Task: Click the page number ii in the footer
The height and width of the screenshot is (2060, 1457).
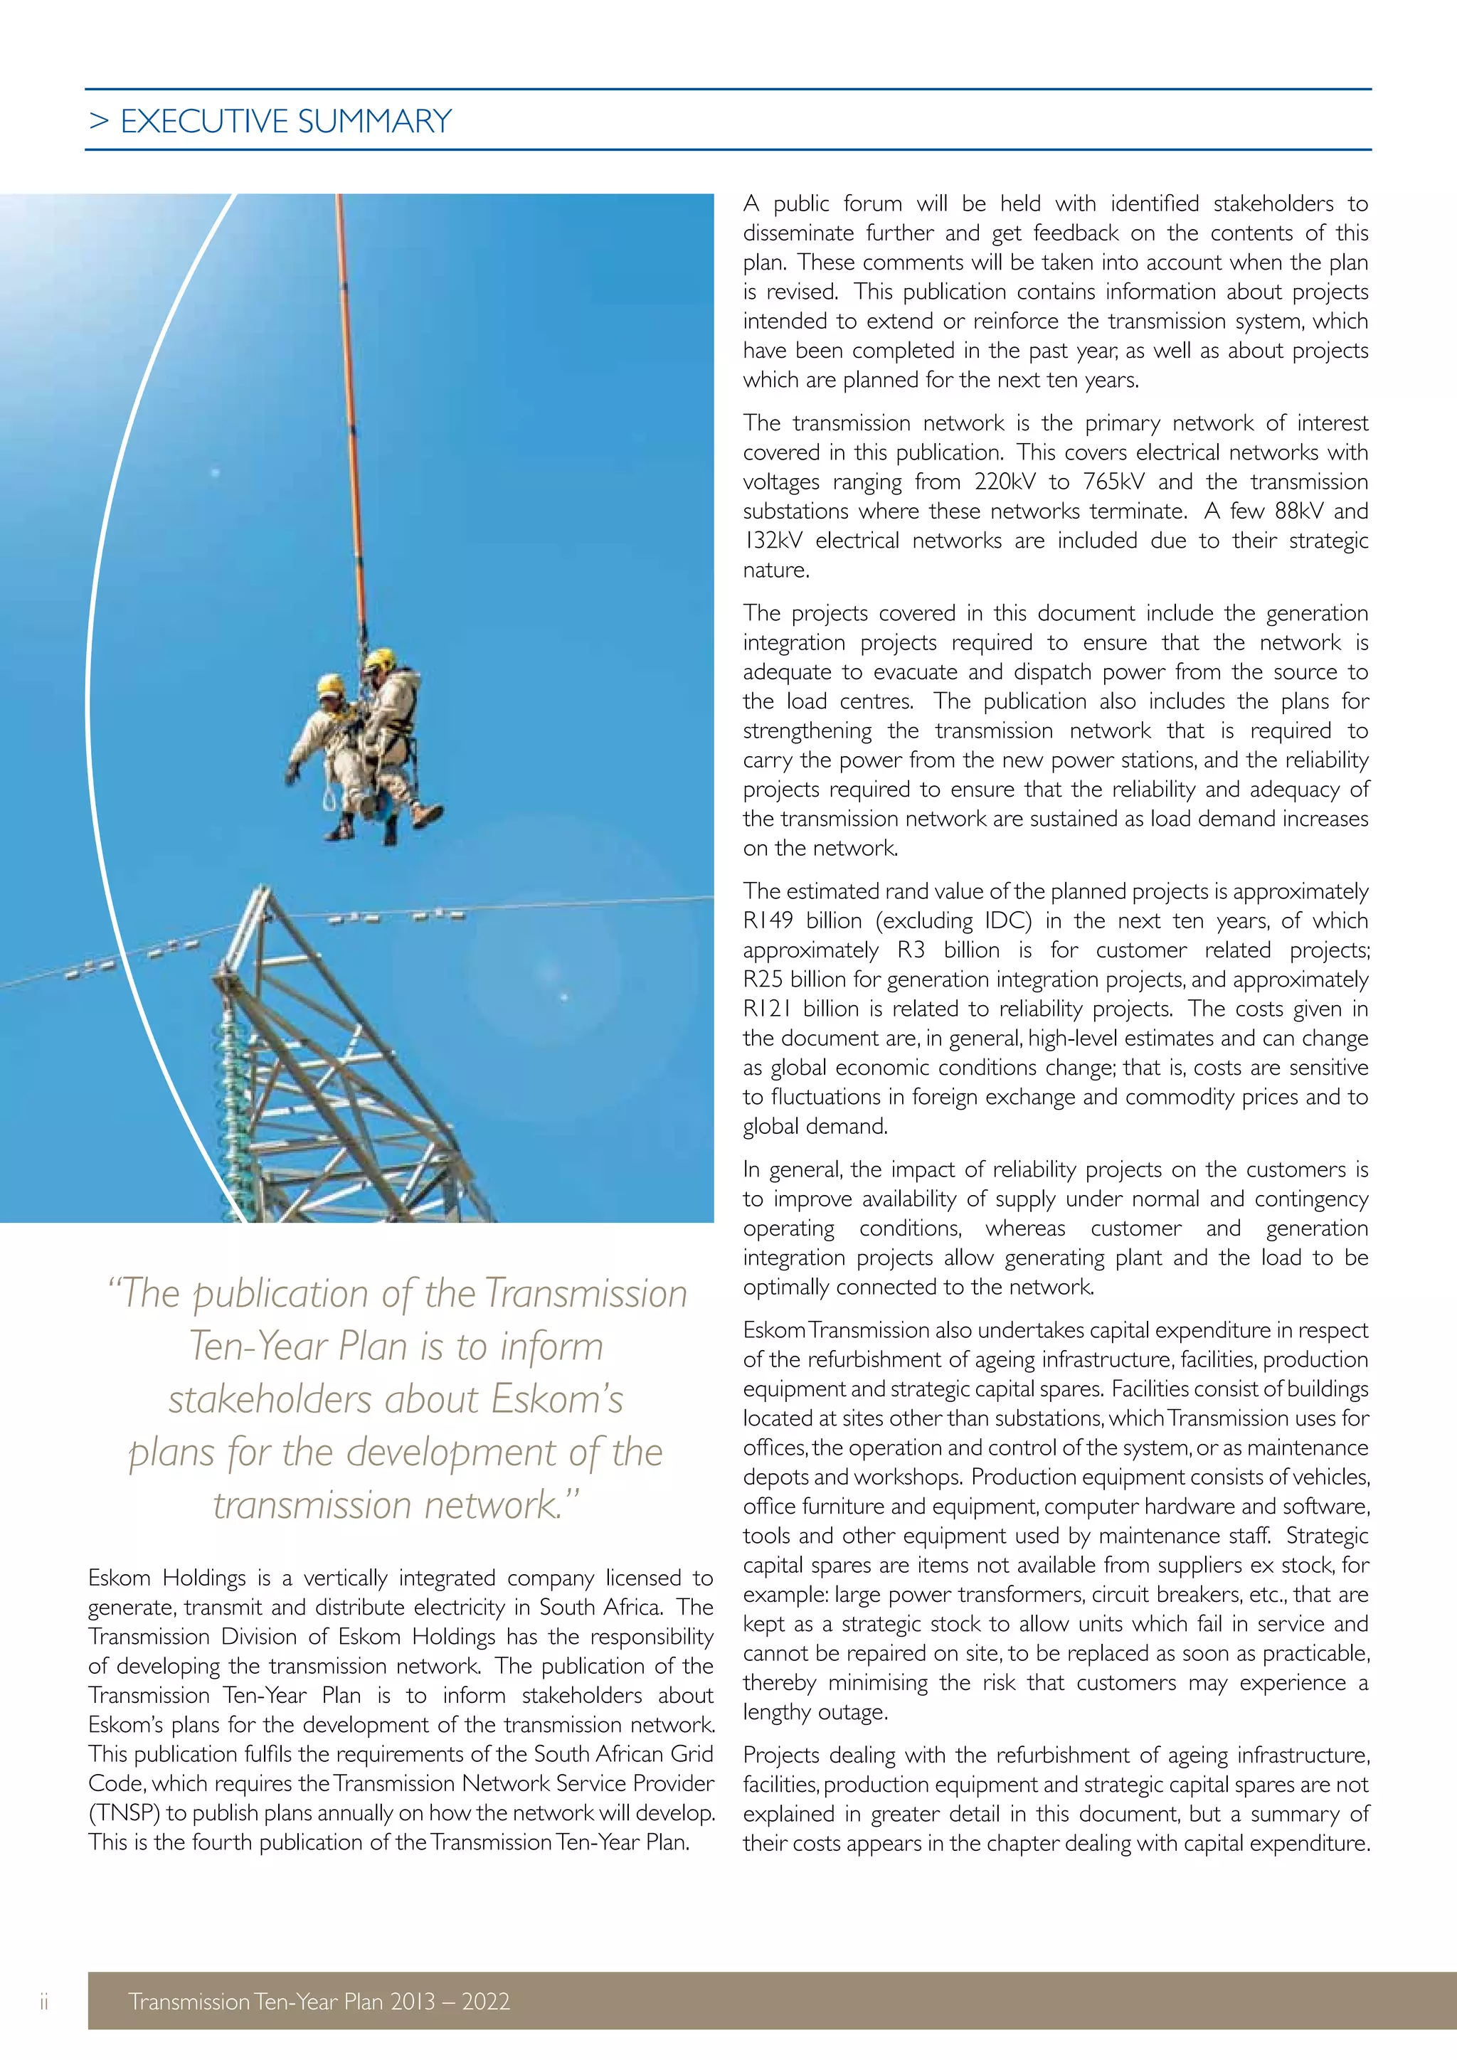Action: [43, 2001]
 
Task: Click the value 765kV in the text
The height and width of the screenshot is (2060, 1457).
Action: [1113, 482]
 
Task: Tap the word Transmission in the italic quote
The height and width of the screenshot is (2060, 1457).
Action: [586, 1294]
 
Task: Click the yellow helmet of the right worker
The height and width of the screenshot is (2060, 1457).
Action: [381, 659]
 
